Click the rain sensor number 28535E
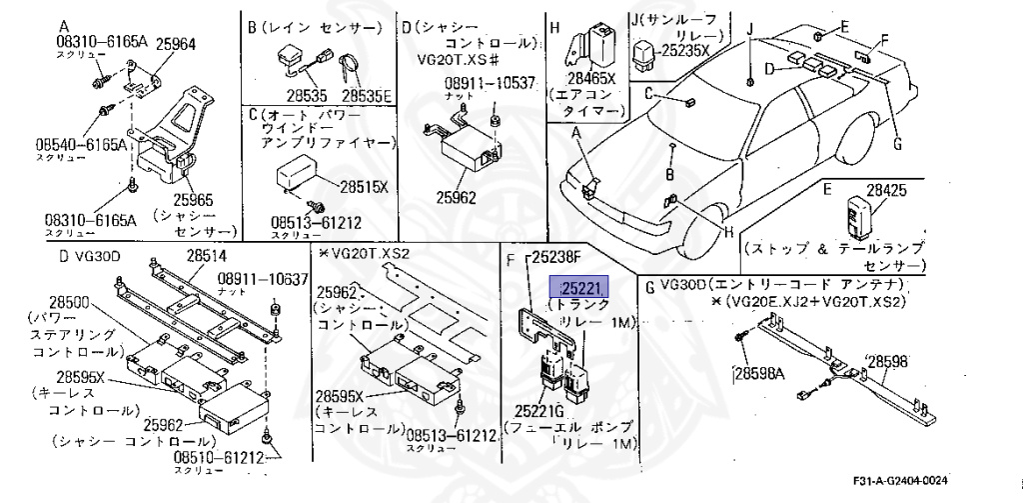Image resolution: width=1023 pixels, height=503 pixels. coord(368,96)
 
